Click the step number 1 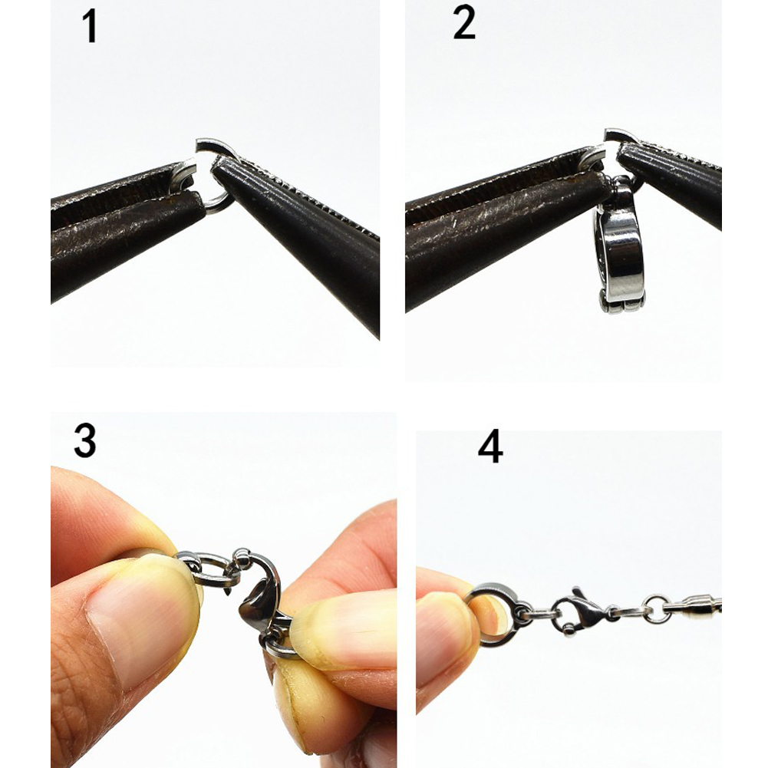coord(89,27)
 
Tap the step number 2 coord(464,23)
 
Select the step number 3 coord(84,441)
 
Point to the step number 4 coord(490,447)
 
